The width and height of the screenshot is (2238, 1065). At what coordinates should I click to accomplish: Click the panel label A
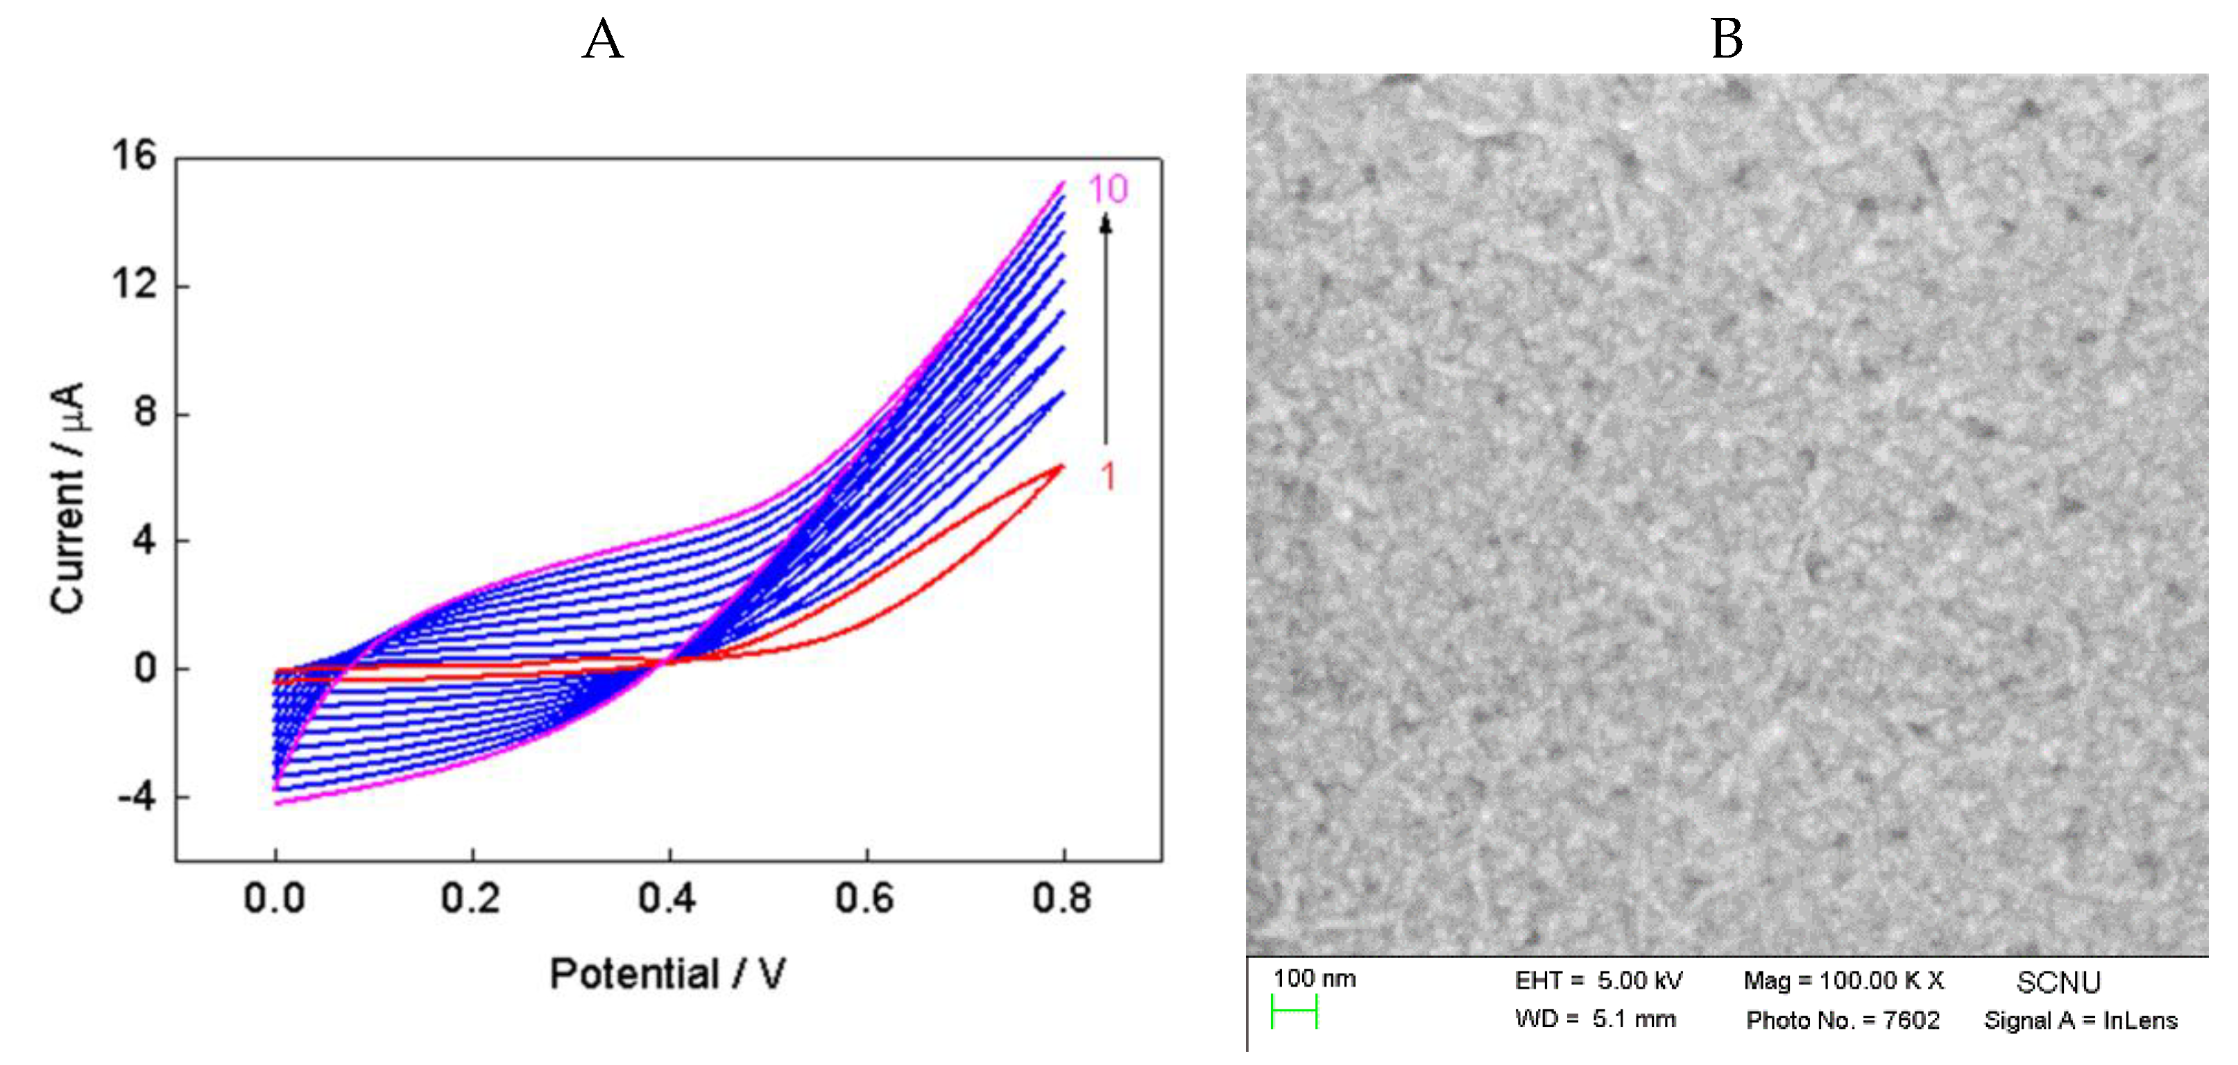tap(602, 40)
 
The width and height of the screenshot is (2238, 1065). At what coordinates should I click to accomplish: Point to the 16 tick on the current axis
tap(134, 156)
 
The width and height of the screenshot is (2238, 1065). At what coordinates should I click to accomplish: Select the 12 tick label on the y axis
tap(134, 284)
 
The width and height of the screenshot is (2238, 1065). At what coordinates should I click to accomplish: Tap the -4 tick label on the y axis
tap(137, 796)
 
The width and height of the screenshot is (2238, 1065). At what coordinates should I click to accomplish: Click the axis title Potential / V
tap(667, 974)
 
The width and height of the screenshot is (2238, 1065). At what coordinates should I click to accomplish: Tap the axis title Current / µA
tap(68, 499)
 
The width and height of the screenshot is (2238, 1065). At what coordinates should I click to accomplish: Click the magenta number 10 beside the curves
tap(1108, 189)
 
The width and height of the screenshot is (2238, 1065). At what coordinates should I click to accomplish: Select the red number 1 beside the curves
tap(1108, 476)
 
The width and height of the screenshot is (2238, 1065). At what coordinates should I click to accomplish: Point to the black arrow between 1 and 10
tap(1105, 330)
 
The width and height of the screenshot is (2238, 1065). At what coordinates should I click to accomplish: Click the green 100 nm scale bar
tap(1294, 1012)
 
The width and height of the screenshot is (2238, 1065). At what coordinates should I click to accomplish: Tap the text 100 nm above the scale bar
tap(1314, 979)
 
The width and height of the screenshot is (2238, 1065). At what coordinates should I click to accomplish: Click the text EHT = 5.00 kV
tap(1598, 981)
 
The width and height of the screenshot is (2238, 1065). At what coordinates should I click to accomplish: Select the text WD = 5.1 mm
tap(1594, 1019)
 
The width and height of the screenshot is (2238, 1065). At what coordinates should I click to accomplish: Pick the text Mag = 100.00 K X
tap(1843, 981)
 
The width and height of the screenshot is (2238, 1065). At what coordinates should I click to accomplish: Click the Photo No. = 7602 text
tap(1842, 1020)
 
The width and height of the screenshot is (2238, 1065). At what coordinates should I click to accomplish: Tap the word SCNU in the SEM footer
tap(2058, 982)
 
